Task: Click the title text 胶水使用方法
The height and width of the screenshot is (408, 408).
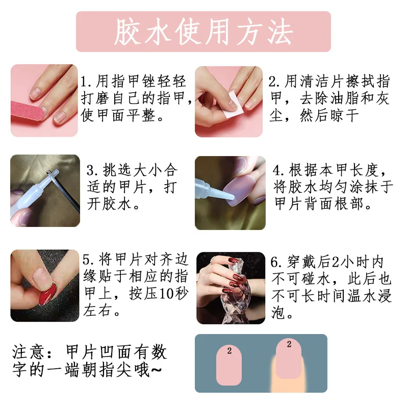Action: click(x=203, y=32)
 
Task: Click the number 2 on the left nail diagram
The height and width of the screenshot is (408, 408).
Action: click(x=229, y=351)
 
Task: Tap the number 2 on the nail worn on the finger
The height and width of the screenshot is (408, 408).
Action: click(x=289, y=345)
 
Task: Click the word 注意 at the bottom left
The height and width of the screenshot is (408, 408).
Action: click(x=25, y=352)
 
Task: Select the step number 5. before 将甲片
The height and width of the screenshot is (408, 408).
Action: click(x=87, y=261)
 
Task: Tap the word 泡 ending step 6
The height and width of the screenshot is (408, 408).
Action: click(x=279, y=313)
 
